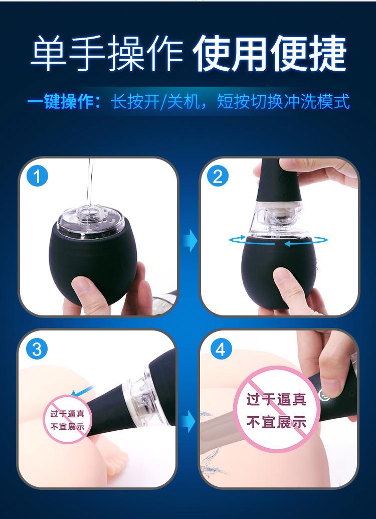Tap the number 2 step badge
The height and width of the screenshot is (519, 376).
click(218, 177)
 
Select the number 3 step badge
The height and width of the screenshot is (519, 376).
click(37, 349)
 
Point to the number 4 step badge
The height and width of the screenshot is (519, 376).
click(221, 349)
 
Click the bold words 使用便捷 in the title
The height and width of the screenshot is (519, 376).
click(269, 54)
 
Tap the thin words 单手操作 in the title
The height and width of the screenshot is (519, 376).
click(107, 54)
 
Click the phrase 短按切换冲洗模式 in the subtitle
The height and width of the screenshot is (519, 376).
click(283, 102)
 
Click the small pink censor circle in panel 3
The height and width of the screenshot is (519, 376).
click(68, 420)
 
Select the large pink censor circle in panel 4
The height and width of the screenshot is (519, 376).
click(276, 409)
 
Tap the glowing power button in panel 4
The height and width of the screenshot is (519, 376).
click(323, 395)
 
